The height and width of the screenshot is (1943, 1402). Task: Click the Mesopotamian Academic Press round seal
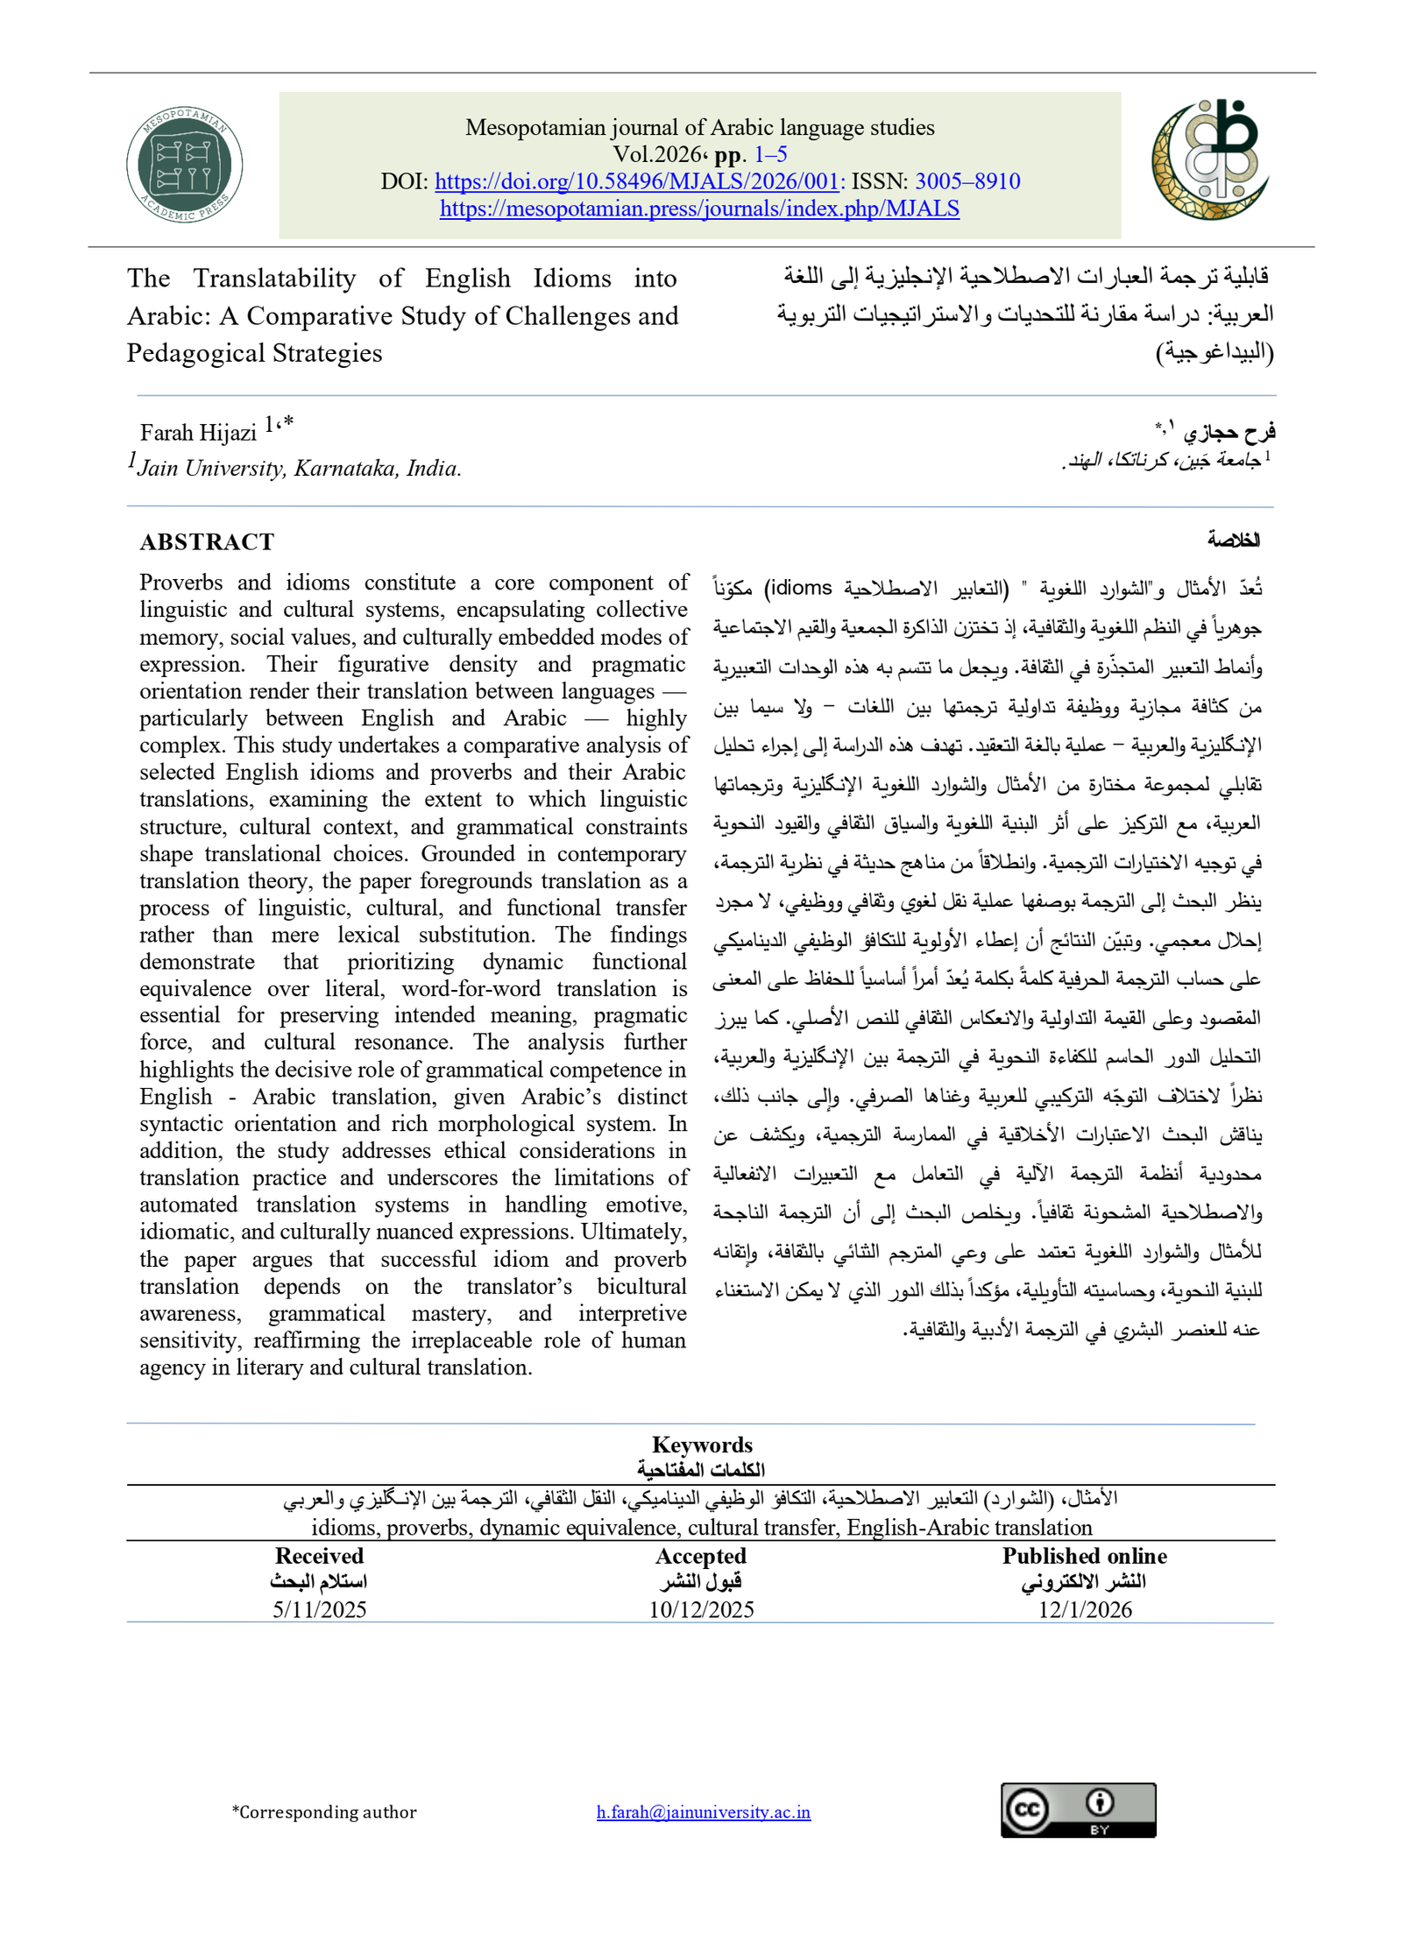click(184, 165)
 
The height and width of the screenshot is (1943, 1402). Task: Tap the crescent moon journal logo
click(1210, 159)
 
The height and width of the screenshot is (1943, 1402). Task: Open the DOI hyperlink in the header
click(638, 181)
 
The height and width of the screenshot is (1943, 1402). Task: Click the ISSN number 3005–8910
click(967, 181)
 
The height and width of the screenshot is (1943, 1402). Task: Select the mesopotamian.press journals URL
click(699, 208)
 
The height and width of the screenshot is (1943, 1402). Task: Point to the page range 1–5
click(770, 154)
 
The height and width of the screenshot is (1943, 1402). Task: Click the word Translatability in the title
click(274, 279)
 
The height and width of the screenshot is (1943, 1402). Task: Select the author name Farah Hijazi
click(198, 432)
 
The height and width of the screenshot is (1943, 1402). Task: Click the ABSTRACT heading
click(207, 542)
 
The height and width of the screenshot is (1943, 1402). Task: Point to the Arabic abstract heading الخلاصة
click(1233, 540)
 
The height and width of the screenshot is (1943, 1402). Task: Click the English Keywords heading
click(702, 1445)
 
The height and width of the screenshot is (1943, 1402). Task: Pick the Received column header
click(319, 1556)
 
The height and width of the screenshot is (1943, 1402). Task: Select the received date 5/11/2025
click(319, 1609)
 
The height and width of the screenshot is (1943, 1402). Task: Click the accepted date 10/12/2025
click(701, 1609)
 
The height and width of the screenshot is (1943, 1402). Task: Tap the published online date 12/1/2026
click(1085, 1609)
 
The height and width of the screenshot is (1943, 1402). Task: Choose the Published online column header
click(1085, 1556)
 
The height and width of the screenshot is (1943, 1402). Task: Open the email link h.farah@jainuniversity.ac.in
click(703, 1812)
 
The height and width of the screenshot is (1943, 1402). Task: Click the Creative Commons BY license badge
click(1078, 1810)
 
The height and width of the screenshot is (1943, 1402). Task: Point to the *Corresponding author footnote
click(324, 1812)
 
